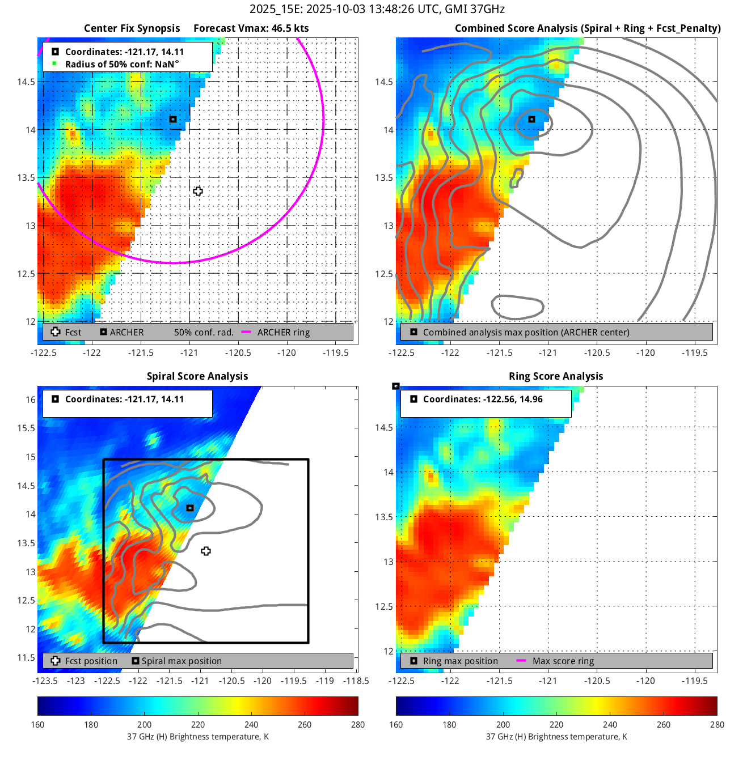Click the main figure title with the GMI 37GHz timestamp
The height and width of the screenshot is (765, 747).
click(377, 9)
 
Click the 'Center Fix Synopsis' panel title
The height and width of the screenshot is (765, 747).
click(132, 28)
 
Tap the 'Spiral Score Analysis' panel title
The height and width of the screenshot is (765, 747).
click(197, 376)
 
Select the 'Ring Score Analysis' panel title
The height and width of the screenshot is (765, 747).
click(556, 376)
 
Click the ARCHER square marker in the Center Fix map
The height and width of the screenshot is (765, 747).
click(173, 119)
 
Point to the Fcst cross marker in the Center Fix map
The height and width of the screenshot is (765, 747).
click(198, 192)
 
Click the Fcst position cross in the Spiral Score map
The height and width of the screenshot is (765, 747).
click(206, 551)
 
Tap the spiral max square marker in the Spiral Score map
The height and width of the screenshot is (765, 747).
click(190, 508)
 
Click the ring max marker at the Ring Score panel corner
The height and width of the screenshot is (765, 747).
click(396, 386)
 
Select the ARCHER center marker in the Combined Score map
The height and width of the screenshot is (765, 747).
click(531, 119)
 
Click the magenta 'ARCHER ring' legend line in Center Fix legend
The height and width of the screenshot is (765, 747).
click(246, 332)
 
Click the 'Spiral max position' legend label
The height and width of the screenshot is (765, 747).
click(182, 661)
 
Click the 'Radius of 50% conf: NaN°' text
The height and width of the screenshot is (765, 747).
click(122, 64)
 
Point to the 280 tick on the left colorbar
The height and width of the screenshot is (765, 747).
click(358, 724)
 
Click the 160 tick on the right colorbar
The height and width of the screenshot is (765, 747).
click(396, 724)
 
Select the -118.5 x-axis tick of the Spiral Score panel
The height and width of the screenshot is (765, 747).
click(357, 681)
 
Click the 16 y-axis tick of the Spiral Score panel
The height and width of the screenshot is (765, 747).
click(31, 399)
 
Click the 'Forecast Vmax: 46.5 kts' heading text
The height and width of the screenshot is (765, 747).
click(251, 28)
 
